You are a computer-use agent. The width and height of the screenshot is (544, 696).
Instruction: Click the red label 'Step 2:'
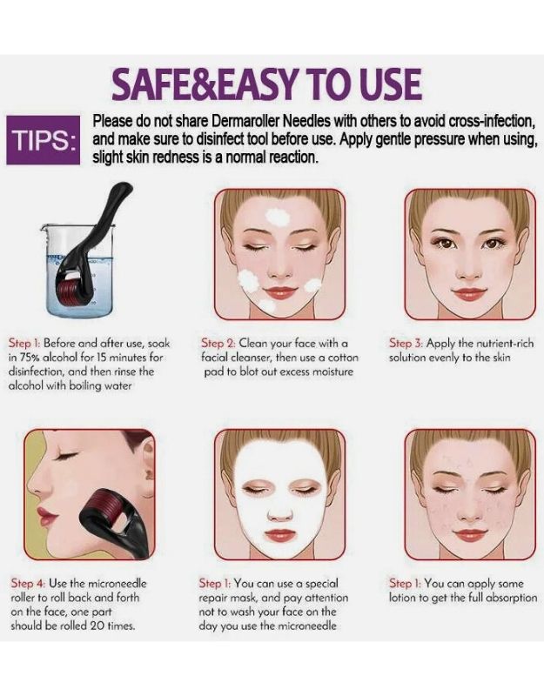pos(218,344)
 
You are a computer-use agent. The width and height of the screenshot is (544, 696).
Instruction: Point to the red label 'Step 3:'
pos(406,344)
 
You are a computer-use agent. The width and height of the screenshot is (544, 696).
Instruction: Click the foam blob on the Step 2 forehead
pos(279,217)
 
